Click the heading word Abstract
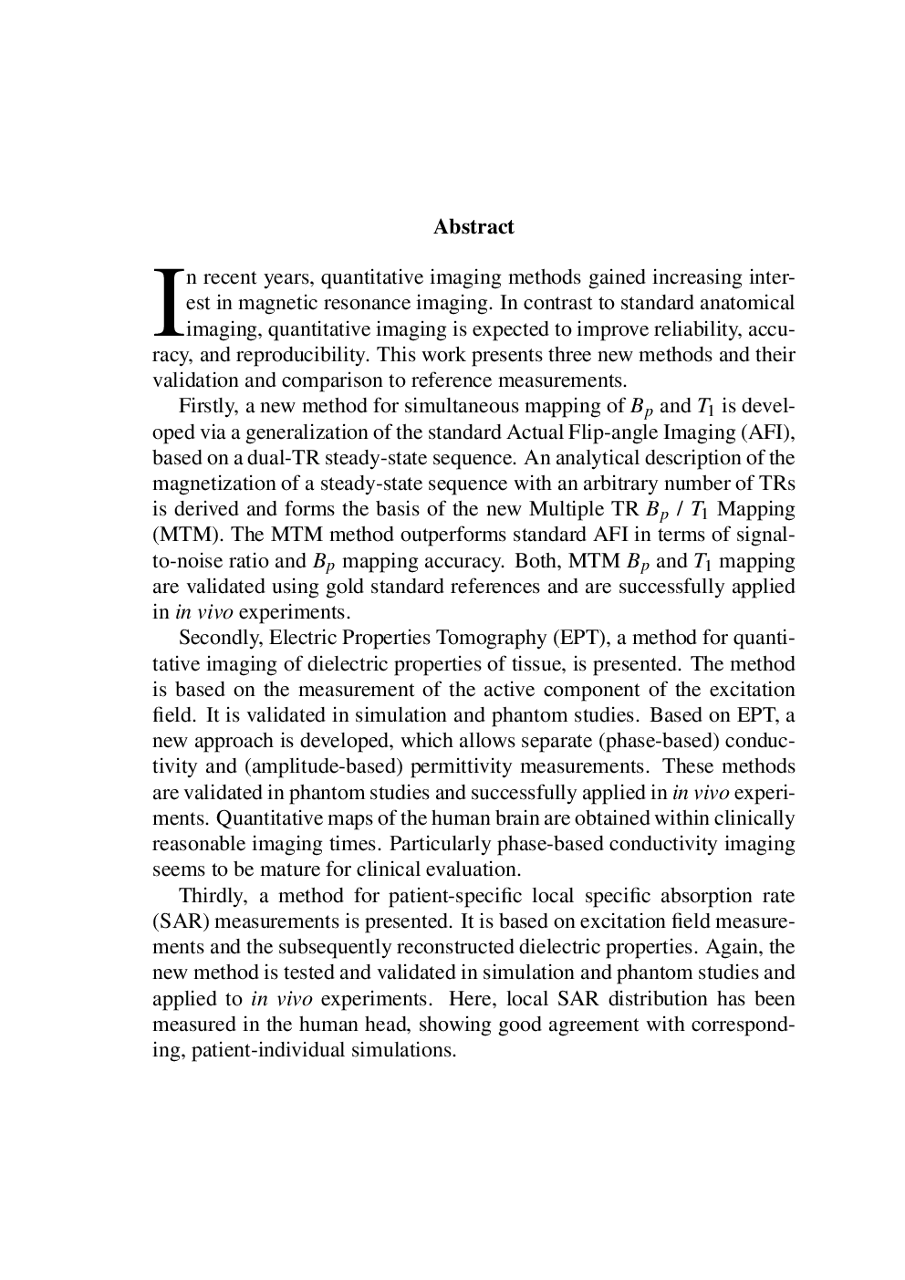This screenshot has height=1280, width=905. [x=473, y=227]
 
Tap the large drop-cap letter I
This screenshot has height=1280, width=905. [x=167, y=302]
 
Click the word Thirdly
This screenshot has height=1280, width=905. [x=211, y=896]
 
